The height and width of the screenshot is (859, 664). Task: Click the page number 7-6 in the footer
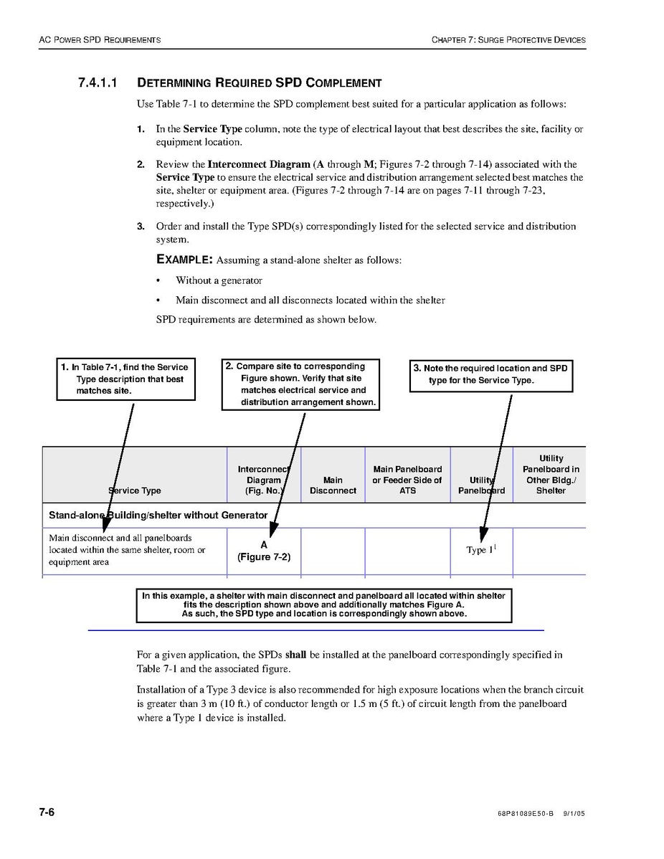tap(47, 812)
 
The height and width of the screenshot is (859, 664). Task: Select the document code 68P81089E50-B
tap(525, 815)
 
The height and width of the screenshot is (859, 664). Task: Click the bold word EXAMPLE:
tap(184, 260)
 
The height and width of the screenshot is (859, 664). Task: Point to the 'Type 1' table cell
tap(481, 550)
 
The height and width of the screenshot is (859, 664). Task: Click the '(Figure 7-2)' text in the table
tap(264, 557)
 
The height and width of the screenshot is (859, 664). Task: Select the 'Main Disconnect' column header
tap(333, 485)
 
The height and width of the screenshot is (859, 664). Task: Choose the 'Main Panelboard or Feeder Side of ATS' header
tap(407, 480)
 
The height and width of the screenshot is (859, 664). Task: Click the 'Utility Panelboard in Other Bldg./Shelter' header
tap(551, 475)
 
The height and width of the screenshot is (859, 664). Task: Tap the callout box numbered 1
tap(127, 379)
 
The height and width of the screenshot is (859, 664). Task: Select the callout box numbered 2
tap(300, 384)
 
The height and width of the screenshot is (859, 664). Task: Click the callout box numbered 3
tap(491, 374)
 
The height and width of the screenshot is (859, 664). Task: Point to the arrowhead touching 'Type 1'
tap(483, 535)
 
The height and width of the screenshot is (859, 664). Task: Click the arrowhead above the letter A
tap(273, 531)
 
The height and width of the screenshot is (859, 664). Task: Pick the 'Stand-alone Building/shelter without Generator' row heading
tap(158, 515)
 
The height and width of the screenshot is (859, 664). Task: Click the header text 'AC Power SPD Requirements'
tap(100, 39)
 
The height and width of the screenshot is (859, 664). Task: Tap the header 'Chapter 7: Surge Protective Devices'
tap(508, 39)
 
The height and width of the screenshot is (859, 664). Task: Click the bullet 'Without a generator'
tap(219, 280)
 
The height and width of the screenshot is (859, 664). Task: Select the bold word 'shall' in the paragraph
tap(295, 655)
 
